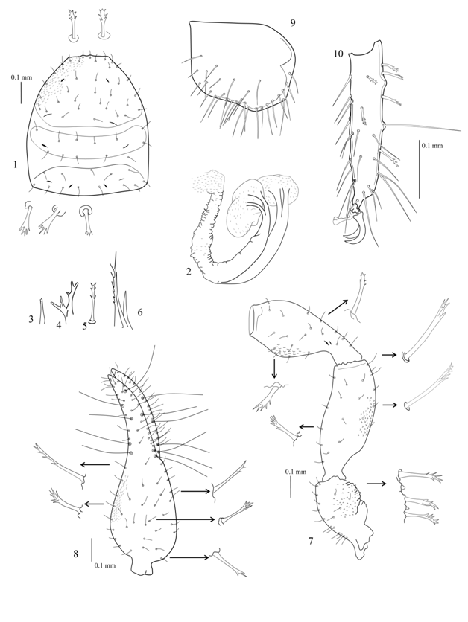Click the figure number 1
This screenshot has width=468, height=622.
click(x=15, y=164)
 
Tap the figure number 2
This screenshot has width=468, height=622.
click(x=189, y=272)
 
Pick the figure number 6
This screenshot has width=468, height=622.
click(x=140, y=312)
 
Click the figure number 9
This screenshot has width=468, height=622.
click(x=292, y=22)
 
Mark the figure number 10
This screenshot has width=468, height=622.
click(x=338, y=54)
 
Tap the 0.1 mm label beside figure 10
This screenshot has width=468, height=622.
click(x=431, y=146)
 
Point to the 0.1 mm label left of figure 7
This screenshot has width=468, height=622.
click(x=296, y=472)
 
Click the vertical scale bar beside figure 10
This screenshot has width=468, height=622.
click(x=419, y=169)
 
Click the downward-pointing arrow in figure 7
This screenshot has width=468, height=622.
click(x=273, y=368)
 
